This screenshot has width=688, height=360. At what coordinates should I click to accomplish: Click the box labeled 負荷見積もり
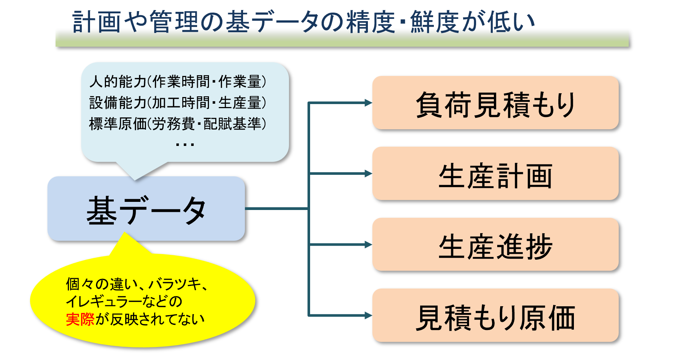(x=495, y=103)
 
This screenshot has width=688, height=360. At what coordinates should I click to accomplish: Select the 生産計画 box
(x=495, y=174)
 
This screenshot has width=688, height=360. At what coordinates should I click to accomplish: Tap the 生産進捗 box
(x=495, y=244)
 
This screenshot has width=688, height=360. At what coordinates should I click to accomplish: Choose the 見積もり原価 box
(x=495, y=316)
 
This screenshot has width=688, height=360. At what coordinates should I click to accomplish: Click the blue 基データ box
(x=146, y=209)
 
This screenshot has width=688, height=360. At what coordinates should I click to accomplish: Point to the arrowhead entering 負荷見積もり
(x=368, y=103)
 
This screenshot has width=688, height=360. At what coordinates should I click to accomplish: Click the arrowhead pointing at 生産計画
(x=368, y=173)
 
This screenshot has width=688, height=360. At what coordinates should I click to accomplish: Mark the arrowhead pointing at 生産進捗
(x=368, y=244)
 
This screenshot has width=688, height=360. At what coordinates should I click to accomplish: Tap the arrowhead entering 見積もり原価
(x=368, y=316)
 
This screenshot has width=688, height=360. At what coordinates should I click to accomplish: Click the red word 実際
(x=80, y=319)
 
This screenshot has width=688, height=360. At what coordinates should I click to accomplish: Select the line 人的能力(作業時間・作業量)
(x=178, y=82)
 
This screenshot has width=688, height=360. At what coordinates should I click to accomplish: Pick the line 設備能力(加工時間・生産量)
(x=178, y=103)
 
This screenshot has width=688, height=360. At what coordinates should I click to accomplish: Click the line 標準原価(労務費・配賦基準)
(x=178, y=124)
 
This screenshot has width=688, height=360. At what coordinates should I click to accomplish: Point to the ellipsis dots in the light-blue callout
(x=185, y=145)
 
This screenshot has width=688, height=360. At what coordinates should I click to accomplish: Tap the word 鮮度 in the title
(x=435, y=22)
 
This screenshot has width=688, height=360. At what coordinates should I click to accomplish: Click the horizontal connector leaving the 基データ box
(x=277, y=209)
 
